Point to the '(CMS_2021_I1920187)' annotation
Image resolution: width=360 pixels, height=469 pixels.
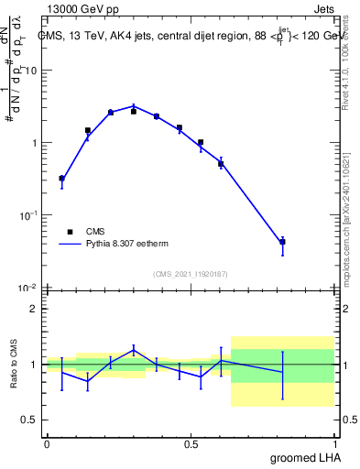coord(190,274)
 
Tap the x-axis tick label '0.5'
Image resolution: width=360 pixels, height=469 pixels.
coord(191,443)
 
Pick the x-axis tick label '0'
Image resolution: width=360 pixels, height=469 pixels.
coord(47,443)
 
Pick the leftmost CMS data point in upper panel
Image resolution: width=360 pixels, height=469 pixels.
coord(61,179)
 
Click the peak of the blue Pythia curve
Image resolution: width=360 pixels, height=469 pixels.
coord(134,106)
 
